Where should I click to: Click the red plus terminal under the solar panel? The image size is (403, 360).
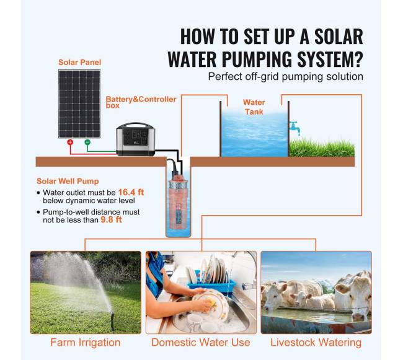pyautogui.click(x=70, y=143)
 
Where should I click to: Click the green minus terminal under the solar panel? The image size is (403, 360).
pyautogui.click(x=87, y=143)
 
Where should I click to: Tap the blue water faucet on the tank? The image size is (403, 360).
pyautogui.click(x=294, y=128)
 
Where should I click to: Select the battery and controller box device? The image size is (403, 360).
pyautogui.click(x=135, y=139)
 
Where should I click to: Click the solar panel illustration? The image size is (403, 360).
pyautogui.click(x=79, y=104)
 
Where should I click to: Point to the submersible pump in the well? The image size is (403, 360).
pyautogui.click(x=178, y=203)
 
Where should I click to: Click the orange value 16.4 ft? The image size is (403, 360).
pyautogui.click(x=131, y=192)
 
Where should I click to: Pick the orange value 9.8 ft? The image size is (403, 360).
pyautogui.click(x=111, y=220)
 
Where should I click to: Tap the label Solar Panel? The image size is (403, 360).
pyautogui.click(x=80, y=63)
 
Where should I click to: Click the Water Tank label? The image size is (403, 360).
pyautogui.click(x=254, y=107)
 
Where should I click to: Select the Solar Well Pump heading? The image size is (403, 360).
pyautogui.click(x=68, y=182)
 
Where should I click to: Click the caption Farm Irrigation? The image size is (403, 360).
pyautogui.click(x=86, y=343)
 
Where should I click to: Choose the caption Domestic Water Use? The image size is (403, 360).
pyautogui.click(x=201, y=343)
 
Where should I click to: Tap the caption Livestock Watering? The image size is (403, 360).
pyautogui.click(x=316, y=343)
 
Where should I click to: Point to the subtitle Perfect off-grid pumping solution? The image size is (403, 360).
pyautogui.click(x=286, y=76)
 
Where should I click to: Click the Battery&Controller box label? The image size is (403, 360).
pyautogui.click(x=141, y=102)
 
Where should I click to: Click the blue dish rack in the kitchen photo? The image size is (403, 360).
pyautogui.click(x=211, y=283)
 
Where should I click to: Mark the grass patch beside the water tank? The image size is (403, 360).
pyautogui.click(x=322, y=147)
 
